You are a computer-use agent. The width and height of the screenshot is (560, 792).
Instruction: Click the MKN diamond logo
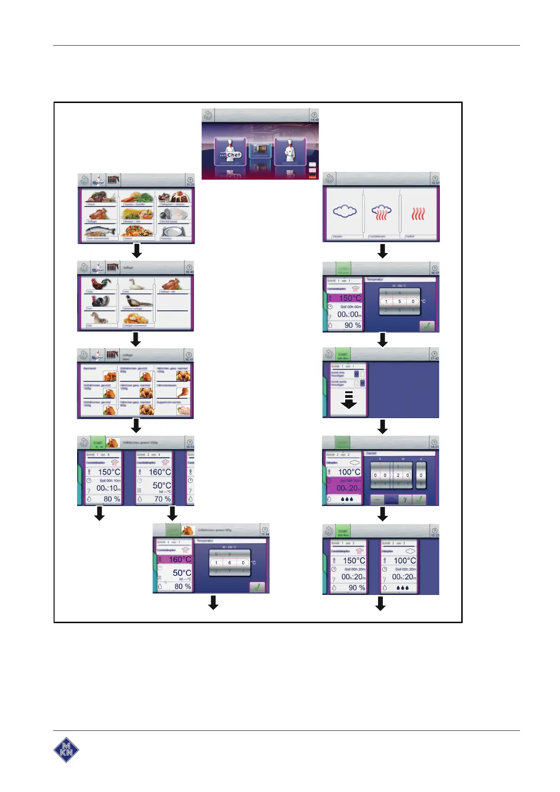point(66,749)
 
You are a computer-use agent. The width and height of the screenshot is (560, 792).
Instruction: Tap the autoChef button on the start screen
point(230,151)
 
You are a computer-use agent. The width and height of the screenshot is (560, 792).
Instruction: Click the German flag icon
point(313,176)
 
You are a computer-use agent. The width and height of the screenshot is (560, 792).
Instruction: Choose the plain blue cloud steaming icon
point(345,212)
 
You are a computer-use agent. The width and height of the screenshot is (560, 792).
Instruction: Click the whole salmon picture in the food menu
point(100,231)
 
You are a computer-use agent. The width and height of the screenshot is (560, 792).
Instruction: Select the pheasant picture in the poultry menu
point(138,301)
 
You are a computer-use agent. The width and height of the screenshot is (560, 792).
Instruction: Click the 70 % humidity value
point(162,499)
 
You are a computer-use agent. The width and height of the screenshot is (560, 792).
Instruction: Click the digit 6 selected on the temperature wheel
point(229,562)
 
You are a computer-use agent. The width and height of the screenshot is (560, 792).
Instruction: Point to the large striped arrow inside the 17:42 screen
point(348,399)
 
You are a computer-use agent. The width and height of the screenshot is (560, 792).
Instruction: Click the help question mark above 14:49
point(314,115)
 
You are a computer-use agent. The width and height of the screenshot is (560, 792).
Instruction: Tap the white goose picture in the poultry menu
point(136,284)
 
